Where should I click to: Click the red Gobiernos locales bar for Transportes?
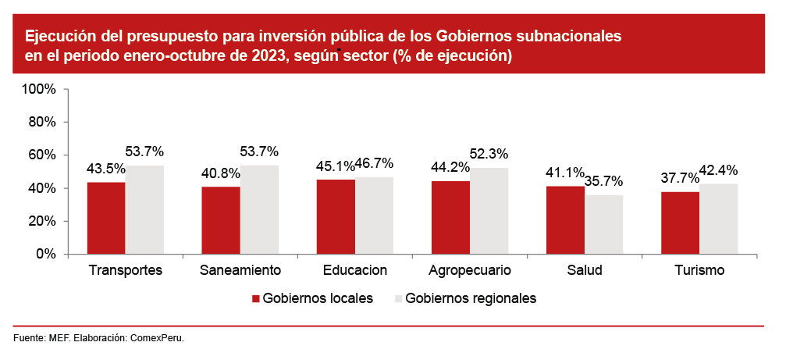coord(106,218)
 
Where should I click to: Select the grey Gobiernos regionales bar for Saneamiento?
coord(259,209)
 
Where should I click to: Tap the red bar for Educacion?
coord(336,216)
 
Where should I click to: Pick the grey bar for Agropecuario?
coord(489,211)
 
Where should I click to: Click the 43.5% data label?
coord(106,169)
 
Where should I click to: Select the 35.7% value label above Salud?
coord(603,181)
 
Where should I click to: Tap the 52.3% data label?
coord(489,154)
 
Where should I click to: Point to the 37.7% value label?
coord(680,178)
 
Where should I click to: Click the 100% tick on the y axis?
coord(39,89)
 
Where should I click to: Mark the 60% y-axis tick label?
coord(42,155)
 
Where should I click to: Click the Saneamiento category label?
coord(240,271)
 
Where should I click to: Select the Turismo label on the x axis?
coord(699,271)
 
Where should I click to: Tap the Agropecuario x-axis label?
coord(470,271)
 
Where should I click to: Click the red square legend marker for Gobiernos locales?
coord(254,298)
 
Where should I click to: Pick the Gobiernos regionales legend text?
coord(471,298)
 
